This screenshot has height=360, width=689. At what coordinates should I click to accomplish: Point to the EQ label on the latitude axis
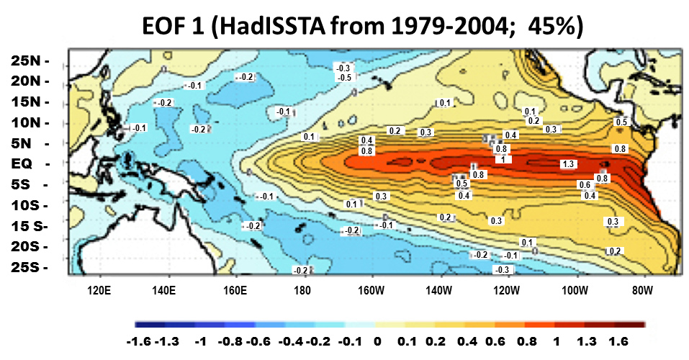pyautogui.click(x=26, y=163)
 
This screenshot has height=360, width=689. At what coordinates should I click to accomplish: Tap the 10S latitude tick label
pyautogui.click(x=27, y=205)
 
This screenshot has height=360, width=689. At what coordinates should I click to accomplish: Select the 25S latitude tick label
pyautogui.click(x=27, y=267)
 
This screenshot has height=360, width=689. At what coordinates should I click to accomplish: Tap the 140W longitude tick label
pyautogui.click(x=438, y=291)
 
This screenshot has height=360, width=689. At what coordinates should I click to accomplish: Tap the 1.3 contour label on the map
pyautogui.click(x=567, y=165)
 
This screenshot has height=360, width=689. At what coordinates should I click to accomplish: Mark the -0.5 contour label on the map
pyautogui.click(x=345, y=77)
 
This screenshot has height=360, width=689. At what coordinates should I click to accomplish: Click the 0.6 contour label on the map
pyautogui.click(x=585, y=185)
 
